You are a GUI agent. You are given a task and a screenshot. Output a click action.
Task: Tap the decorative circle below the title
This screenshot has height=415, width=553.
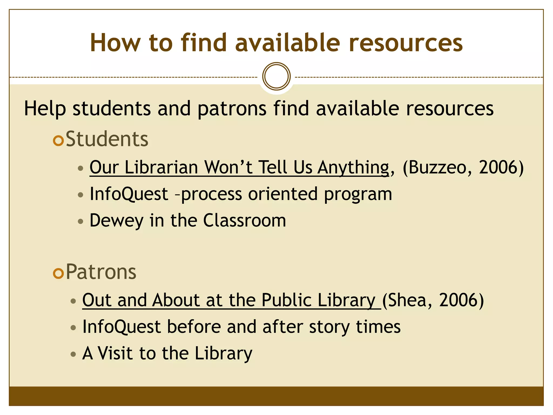point(276,76)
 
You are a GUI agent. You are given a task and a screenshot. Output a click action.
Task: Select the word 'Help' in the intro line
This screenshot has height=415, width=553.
point(45,109)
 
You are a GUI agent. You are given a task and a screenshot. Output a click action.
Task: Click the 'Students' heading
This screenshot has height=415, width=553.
point(107,139)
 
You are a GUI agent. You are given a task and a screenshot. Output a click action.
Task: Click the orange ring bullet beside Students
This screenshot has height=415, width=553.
point(58,140)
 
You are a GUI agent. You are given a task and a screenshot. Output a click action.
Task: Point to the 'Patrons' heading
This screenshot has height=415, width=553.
point(101,272)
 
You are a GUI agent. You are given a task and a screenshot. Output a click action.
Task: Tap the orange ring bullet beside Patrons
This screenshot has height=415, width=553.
point(58,273)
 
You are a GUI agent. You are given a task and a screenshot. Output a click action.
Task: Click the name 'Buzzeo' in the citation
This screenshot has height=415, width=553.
point(437,167)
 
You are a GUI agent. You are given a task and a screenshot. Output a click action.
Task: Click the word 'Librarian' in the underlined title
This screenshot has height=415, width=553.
point(161,167)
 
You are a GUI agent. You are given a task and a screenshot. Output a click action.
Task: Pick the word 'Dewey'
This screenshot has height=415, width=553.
point(116,221)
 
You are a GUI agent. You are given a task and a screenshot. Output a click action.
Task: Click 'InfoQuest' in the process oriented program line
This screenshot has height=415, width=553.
point(129,194)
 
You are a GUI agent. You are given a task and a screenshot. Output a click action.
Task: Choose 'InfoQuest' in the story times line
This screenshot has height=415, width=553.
point(122,327)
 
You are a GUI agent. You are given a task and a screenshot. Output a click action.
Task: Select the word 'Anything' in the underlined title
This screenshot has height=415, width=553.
point(353,168)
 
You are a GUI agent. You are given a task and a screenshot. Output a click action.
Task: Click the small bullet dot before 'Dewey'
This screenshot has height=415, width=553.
point(80,222)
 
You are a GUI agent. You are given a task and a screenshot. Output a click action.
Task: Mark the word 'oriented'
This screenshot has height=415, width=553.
point(283,194)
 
